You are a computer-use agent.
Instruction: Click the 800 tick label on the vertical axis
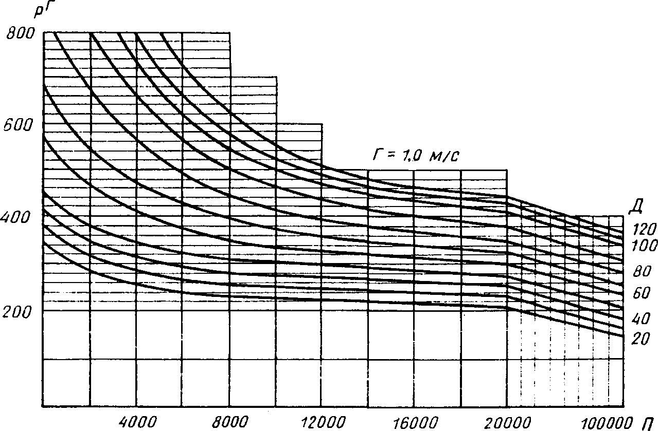19,34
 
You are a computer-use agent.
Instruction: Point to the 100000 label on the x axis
607,422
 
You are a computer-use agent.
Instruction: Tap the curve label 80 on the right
641,272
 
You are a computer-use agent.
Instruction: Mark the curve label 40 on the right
641,319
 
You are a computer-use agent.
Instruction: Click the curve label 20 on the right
641,339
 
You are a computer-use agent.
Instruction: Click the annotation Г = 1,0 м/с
414,156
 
